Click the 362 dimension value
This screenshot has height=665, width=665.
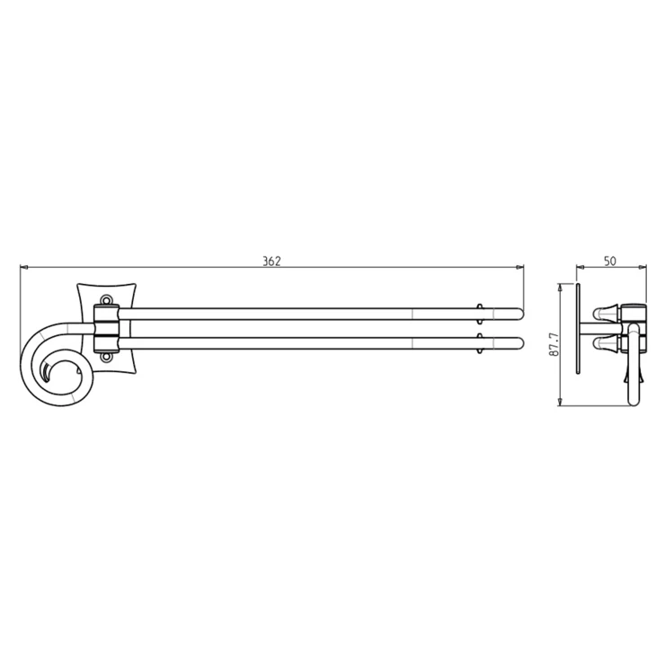pos(271,261)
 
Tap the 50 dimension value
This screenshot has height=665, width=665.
pos(609,261)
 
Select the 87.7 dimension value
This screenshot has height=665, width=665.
pos(554,344)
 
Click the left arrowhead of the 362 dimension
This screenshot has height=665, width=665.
pos(23,267)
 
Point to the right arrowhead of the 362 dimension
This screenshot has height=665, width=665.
pos(519,267)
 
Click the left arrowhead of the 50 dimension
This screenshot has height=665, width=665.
pos(581,267)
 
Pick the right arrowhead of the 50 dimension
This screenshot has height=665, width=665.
pos(643,267)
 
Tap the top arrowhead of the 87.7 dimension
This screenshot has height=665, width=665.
pos(560,288)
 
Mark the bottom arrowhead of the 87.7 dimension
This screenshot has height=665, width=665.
pos(560,402)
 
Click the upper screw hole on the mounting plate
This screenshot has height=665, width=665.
pos(106,300)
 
